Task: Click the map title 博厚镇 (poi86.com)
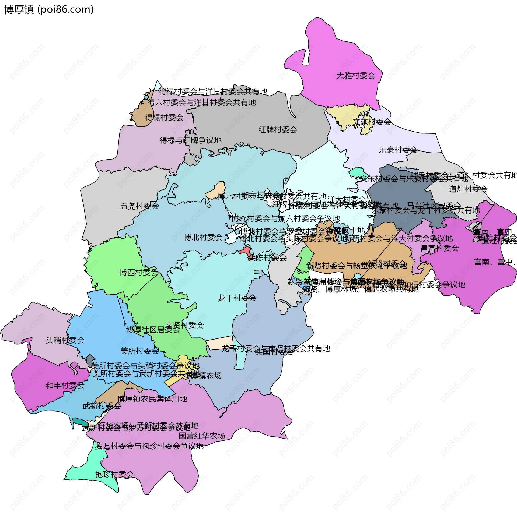pyautogui.click(x=49, y=10)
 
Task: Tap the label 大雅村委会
pyautogui.click(x=356, y=76)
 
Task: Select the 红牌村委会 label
pyautogui.click(x=278, y=130)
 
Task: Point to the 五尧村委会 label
pyautogui.click(x=139, y=206)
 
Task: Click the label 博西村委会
pyautogui.click(x=139, y=273)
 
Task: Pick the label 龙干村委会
pyautogui.click(x=237, y=298)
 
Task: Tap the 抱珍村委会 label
pyautogui.click(x=114, y=474)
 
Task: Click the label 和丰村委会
pyautogui.click(x=65, y=385)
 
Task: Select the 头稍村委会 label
pyautogui.click(x=65, y=340)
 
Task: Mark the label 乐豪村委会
pyautogui.click(x=398, y=150)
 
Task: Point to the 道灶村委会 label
pyautogui.click(x=468, y=189)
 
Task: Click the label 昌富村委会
pyautogui.click(x=439, y=248)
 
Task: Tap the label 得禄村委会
pyautogui.click(x=164, y=118)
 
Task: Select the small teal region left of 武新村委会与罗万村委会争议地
pyautogui.click(x=78, y=421)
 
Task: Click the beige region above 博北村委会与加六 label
pyautogui.click(x=215, y=190)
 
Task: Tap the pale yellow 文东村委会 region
pyautogui.click(x=347, y=116)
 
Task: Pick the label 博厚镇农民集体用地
pyautogui.click(x=152, y=399)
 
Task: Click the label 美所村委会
pyautogui.click(x=139, y=351)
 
